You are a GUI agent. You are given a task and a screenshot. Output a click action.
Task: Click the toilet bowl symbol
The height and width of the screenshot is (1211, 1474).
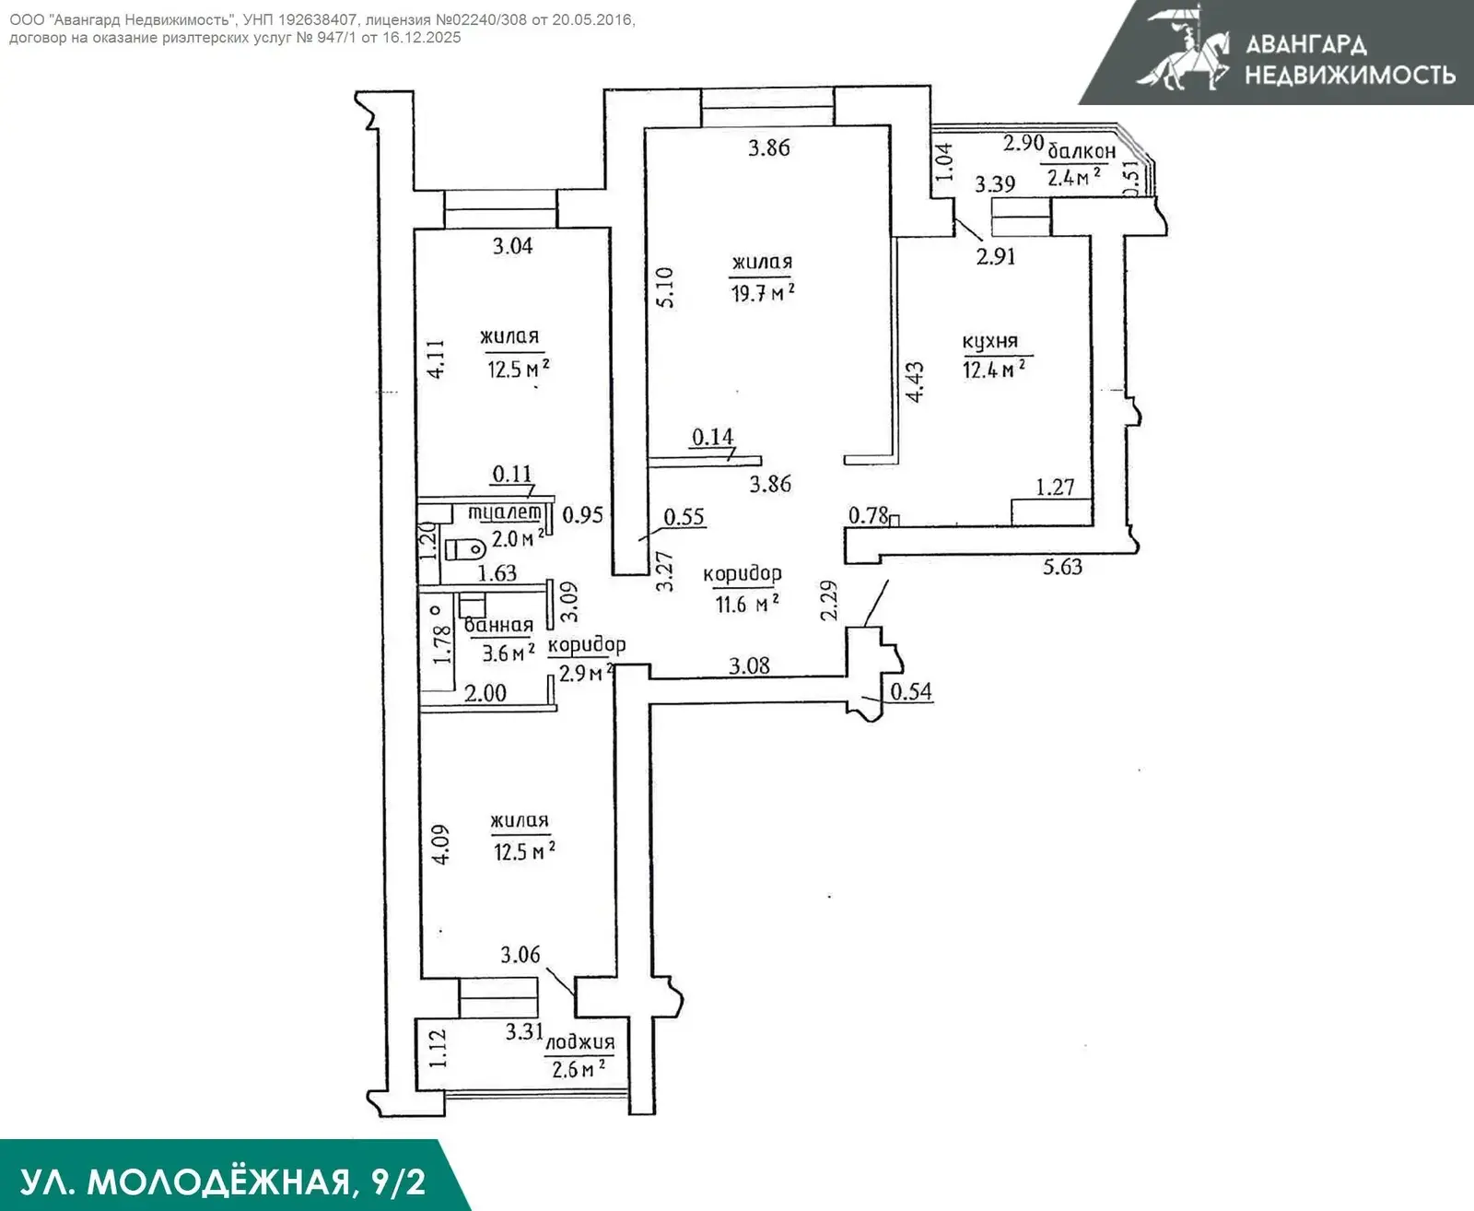pos(465,549)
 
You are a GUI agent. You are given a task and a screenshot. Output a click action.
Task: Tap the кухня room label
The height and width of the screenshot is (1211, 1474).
pos(990,342)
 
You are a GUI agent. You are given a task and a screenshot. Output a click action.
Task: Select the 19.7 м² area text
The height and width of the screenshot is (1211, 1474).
pos(763,292)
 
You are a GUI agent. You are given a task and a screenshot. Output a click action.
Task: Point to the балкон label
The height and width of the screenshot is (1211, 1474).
pos(1082,150)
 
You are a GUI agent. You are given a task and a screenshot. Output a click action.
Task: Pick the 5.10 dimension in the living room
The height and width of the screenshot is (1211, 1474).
pos(665,288)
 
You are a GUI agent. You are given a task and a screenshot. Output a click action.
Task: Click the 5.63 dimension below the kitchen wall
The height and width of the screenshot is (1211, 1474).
pos(1062,567)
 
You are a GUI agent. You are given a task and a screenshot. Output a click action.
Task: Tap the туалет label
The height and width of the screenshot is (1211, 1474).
pos(505,511)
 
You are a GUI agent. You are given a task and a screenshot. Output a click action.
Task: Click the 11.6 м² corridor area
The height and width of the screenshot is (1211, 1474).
pos(747,604)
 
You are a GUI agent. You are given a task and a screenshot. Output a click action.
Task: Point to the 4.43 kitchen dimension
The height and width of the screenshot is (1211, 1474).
pos(915,382)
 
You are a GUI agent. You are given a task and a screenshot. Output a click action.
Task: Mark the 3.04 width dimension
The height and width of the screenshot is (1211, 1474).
pos(512,246)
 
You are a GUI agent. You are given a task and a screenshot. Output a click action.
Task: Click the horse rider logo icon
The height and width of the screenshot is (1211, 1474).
pos(1185,48)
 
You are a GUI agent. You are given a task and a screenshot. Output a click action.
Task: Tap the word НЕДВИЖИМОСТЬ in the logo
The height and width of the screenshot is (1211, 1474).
pos(1351,74)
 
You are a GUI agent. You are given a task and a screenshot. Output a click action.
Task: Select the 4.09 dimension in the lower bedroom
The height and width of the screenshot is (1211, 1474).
pos(441,846)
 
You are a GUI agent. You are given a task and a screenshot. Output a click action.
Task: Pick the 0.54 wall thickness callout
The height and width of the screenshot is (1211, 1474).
pos(911,691)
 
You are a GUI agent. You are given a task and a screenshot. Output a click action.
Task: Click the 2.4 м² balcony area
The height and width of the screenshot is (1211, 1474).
pos(1074,178)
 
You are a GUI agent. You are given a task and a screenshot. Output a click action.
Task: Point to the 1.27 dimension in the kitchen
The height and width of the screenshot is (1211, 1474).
pos(1055,487)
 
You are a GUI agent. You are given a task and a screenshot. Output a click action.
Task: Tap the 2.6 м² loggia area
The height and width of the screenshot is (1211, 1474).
pos(579,1070)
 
